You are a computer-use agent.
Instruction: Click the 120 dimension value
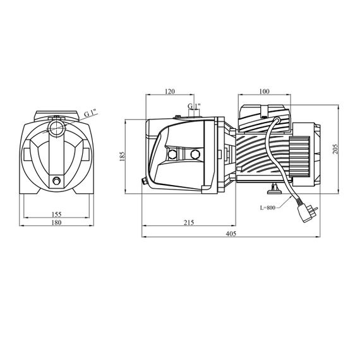tap(170, 92)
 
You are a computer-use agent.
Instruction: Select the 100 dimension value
tap(264, 92)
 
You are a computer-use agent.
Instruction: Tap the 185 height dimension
tap(122, 156)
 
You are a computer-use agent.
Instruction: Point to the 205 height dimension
tap(335, 149)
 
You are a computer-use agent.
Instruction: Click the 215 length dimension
tap(189, 222)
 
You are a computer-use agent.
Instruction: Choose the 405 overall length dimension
tap(231, 234)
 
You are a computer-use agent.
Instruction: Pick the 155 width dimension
tap(56, 214)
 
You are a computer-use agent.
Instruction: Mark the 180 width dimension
tap(56, 222)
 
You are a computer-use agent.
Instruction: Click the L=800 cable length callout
tap(268, 208)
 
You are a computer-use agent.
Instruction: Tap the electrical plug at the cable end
tap(307, 213)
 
